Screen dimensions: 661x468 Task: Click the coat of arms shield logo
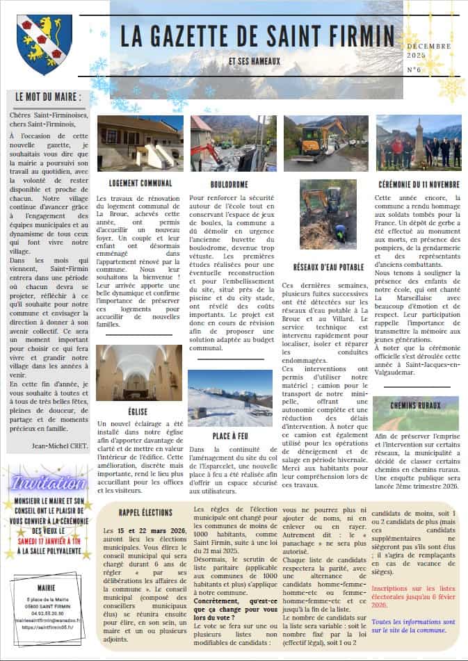45,44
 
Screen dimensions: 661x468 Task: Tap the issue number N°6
415,70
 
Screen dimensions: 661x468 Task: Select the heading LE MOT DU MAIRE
47,97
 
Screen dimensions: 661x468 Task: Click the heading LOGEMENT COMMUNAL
140,183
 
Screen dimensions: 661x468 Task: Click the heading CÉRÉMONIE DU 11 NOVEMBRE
419,183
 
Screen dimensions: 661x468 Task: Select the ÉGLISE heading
138,411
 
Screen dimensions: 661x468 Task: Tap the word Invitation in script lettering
48,482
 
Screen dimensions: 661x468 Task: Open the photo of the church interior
139,373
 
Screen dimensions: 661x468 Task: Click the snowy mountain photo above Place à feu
229,398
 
